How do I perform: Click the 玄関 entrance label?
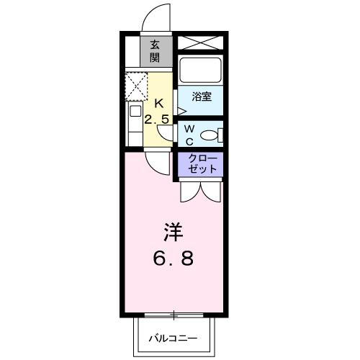coord(155,51)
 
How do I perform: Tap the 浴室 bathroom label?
coord(202,96)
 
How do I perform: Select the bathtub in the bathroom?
coord(200,70)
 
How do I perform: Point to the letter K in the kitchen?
coord(159,104)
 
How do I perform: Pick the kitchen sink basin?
coord(135,111)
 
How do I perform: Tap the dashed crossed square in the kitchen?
coord(136,86)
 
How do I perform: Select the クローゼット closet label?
coord(202,163)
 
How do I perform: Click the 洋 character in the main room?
coord(174,233)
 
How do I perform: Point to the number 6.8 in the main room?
coord(174,258)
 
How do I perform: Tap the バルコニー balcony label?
coord(174,338)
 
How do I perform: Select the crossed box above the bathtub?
coord(200,42)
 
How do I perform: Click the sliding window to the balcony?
coord(174,315)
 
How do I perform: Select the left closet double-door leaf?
coord(190,192)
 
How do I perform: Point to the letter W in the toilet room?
coord(189,129)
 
